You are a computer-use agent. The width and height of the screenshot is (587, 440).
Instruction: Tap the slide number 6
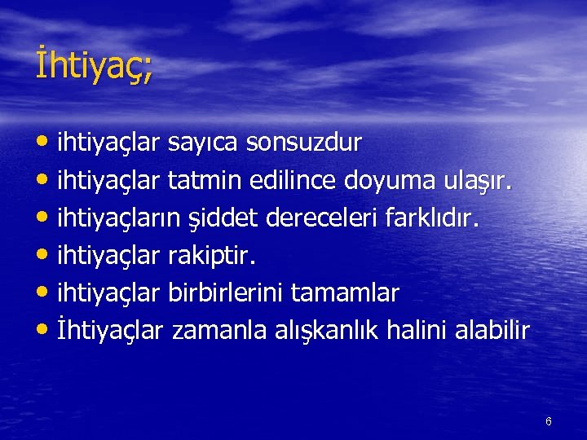click(x=548, y=421)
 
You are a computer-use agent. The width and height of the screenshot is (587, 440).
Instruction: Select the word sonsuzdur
click(x=304, y=143)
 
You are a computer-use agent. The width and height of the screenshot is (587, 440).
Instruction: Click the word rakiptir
click(x=212, y=257)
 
